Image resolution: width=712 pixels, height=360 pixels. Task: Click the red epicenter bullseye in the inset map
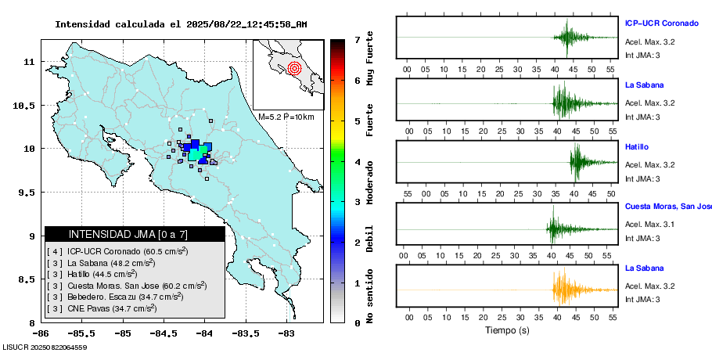pos(294,68)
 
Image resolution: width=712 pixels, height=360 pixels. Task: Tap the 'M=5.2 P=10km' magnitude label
pos(286,117)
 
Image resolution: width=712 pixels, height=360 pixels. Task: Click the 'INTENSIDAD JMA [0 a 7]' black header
pos(135,234)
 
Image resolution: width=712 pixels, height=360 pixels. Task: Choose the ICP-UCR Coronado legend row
pos(117,251)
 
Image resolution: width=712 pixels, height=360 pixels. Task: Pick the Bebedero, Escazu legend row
pos(115,297)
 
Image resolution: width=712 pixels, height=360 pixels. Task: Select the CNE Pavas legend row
pos(102,308)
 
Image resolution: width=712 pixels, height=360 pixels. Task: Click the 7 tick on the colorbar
pos(357,39)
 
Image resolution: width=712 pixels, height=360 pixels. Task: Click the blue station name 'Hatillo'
pos(637,146)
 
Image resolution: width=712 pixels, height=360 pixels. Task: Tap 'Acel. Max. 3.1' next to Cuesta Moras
pos(649,225)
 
